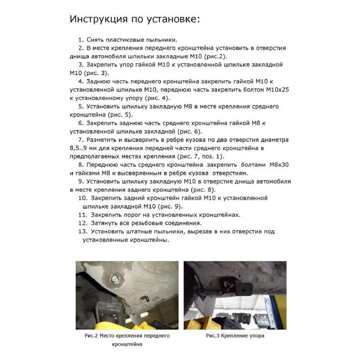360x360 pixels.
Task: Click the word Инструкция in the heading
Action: (99, 19)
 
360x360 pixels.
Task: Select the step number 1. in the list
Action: (81, 40)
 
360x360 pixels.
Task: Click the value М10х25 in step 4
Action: (277, 90)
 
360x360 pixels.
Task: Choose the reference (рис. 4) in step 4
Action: (157, 98)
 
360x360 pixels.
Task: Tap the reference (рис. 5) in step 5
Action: (120, 115)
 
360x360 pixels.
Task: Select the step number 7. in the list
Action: (81, 140)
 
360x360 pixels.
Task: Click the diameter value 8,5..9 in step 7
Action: (78, 148)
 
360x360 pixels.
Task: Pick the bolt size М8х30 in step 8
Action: (279, 165)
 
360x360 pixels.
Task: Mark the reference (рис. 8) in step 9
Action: (203, 190)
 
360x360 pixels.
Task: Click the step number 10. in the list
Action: (83, 198)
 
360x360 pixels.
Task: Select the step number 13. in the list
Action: (83, 231)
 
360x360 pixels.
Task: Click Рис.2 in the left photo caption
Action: (91, 336)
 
